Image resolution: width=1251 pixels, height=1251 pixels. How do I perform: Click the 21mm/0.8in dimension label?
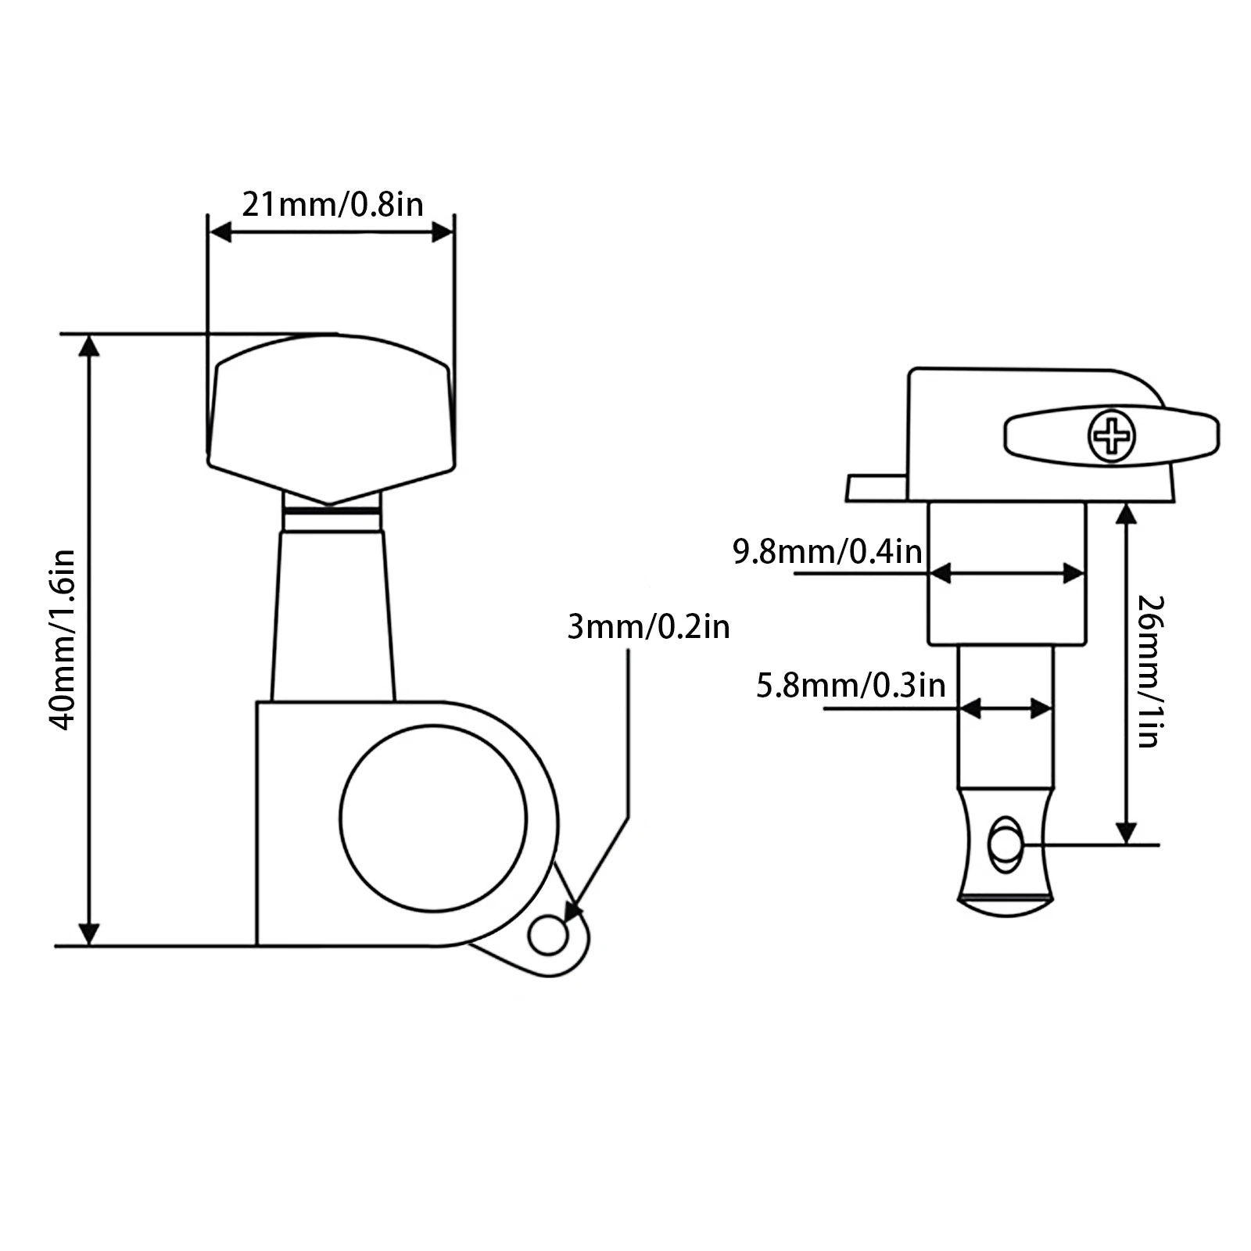click(332, 205)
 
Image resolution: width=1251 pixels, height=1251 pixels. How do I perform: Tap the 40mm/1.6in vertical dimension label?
click(63, 640)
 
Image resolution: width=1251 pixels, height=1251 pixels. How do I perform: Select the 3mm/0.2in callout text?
click(648, 627)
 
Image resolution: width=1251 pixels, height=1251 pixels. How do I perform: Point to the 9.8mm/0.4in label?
click(827, 552)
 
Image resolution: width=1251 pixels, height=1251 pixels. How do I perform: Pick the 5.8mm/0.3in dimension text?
click(851, 686)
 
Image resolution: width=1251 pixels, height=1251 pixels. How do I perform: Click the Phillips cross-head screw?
click(1112, 436)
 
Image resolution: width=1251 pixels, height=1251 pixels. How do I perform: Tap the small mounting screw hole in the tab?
click(547, 936)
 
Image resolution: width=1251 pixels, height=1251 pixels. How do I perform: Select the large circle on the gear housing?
click(433, 818)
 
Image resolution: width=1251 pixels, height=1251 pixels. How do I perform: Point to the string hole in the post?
click(1004, 845)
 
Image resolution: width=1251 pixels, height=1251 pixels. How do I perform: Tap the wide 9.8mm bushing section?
click(1007, 610)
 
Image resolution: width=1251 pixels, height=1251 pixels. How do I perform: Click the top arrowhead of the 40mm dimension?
click(90, 346)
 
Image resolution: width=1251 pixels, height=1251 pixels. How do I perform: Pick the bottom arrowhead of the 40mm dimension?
click(90, 934)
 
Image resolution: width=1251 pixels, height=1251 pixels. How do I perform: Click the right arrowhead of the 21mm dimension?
click(443, 231)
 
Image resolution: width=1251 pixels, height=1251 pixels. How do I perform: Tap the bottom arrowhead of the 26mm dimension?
click(1126, 833)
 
